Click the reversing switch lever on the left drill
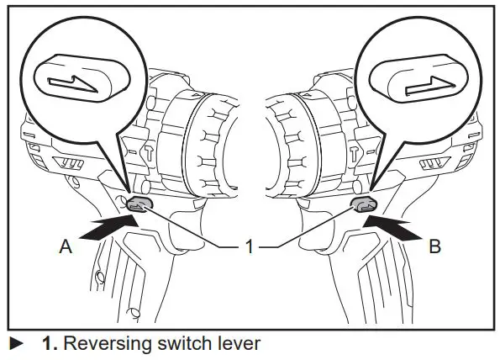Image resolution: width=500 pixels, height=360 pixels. click(x=139, y=204)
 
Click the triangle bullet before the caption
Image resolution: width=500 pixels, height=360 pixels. click(x=15, y=344)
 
